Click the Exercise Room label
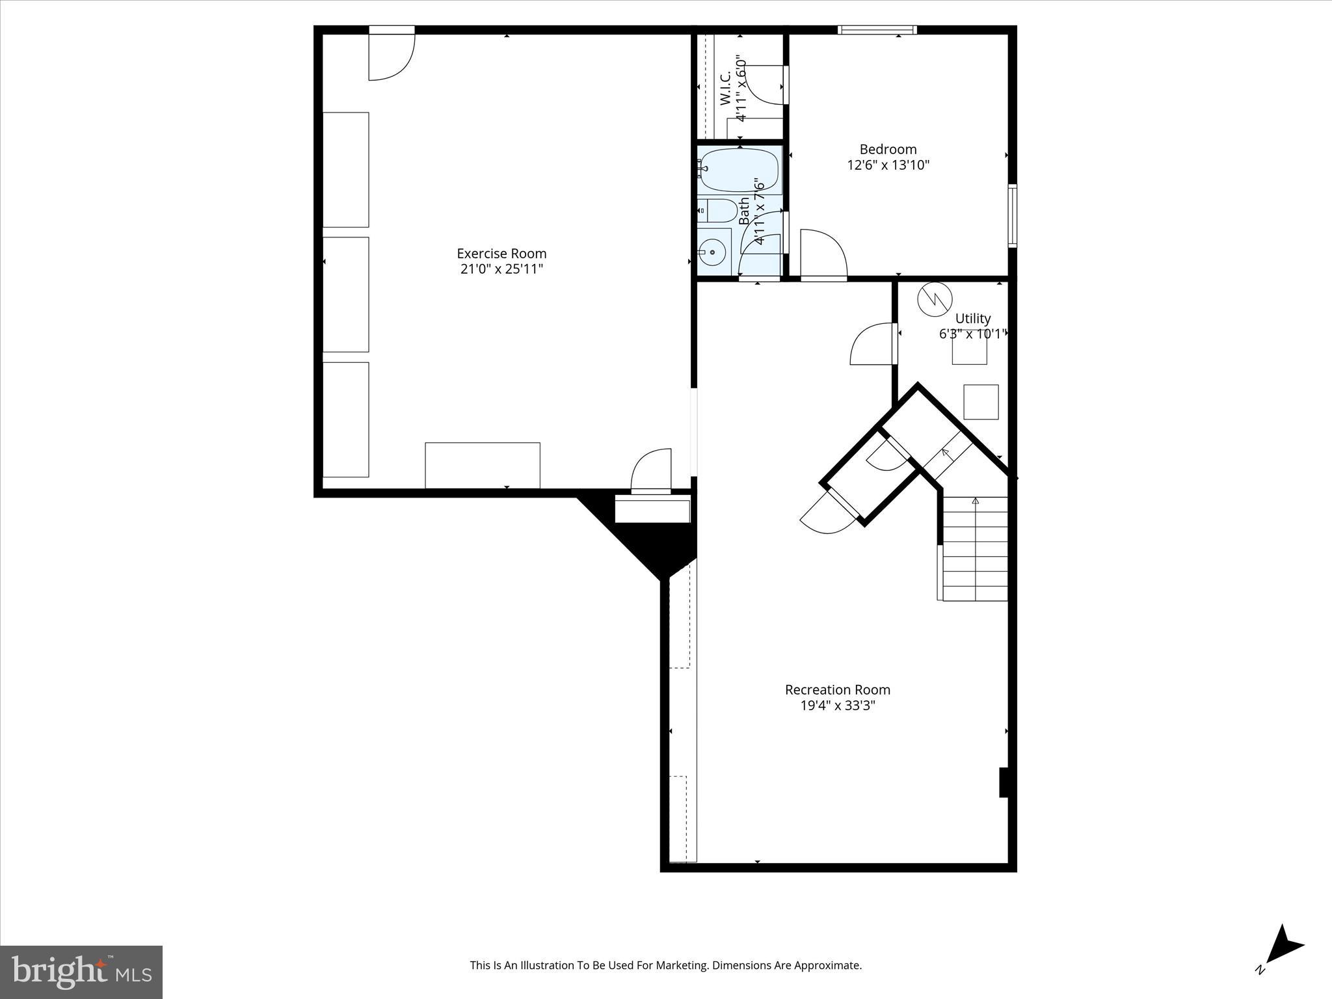[501, 254]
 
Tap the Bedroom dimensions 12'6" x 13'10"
[888, 165]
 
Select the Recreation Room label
[838, 689]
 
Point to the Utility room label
[973, 319]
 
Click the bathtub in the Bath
[740, 170]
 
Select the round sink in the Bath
[713, 252]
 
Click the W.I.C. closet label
[726, 88]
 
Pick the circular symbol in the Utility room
[934, 299]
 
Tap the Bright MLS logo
[81, 972]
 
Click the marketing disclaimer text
[665, 965]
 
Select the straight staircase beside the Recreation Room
[975, 548]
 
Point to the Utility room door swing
[873, 345]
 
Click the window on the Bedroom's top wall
[877, 29]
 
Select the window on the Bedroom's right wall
[1013, 216]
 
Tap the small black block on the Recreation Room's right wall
[1004, 782]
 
